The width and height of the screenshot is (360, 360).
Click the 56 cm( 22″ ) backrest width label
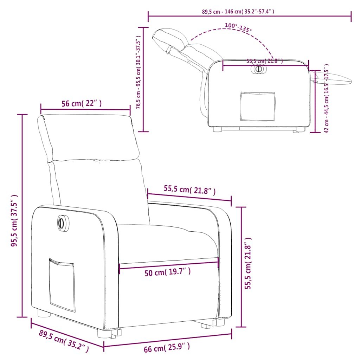click(x=82, y=104)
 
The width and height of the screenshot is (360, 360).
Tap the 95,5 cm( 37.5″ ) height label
click(x=14, y=220)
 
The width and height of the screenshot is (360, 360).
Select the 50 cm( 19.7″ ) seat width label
click(x=168, y=272)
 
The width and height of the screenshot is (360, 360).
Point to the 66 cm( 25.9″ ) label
click(x=167, y=347)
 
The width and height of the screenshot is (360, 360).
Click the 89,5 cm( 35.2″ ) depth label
click(x=64, y=341)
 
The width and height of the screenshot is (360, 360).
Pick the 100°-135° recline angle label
click(x=238, y=27)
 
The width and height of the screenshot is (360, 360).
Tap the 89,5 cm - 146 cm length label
click(x=238, y=12)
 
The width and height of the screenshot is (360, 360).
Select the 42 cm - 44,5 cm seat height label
click(x=327, y=98)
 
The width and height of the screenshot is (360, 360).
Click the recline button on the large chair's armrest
click(x=62, y=223)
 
